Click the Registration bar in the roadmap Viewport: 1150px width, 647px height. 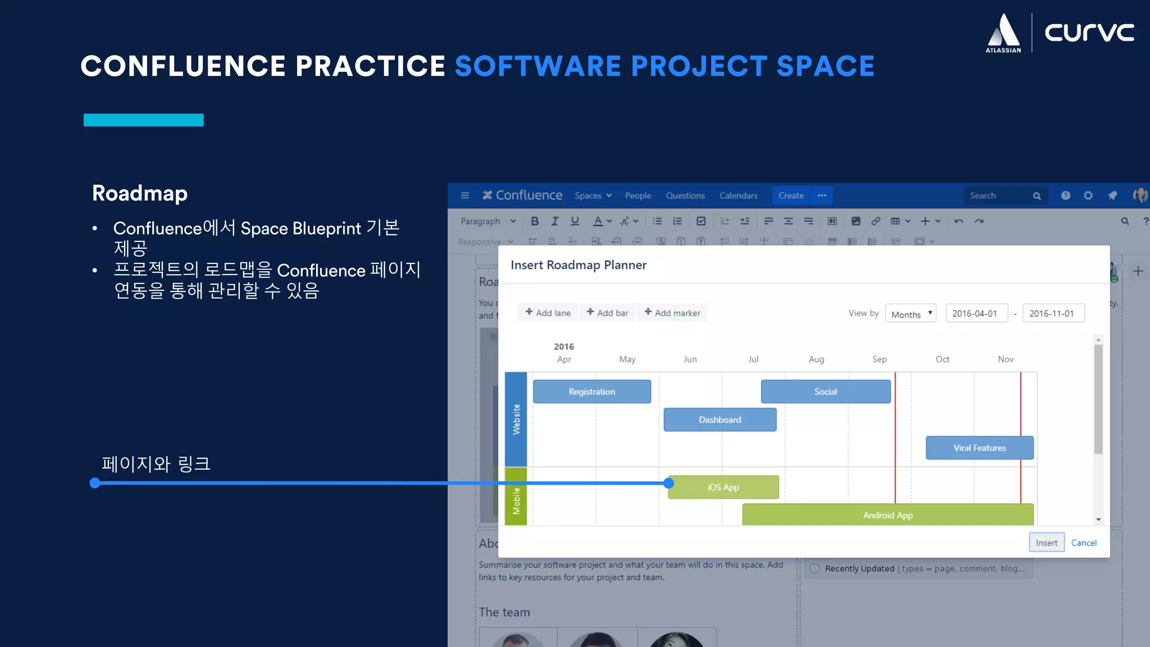point(592,391)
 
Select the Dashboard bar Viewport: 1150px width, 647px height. point(720,420)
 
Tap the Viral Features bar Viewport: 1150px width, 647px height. point(979,448)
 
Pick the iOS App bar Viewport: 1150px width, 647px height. point(723,487)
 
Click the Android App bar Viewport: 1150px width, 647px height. point(887,515)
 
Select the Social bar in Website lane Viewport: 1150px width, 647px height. point(825,391)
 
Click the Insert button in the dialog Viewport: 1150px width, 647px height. point(1046,543)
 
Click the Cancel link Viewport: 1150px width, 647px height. point(1083,543)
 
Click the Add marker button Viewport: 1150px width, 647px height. point(672,313)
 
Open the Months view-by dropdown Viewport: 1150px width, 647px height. point(910,314)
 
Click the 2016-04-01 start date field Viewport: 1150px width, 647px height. point(976,313)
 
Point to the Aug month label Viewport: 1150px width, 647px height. point(816,359)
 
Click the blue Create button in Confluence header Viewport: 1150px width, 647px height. point(791,195)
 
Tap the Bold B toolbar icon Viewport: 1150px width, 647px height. point(535,221)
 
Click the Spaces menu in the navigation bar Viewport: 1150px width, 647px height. point(592,195)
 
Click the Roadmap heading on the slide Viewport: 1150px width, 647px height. point(140,193)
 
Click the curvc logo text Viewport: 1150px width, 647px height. point(1089,33)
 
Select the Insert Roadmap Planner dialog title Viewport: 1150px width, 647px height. point(578,265)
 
